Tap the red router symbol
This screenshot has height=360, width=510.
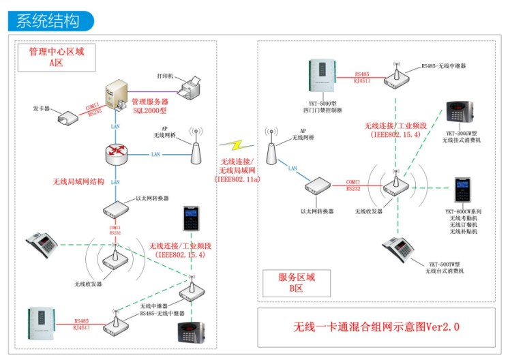click(x=116, y=155)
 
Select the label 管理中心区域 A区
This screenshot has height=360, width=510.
click(x=57, y=57)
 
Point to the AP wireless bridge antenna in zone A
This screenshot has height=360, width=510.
click(x=196, y=149)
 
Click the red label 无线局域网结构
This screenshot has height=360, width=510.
click(x=78, y=182)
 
